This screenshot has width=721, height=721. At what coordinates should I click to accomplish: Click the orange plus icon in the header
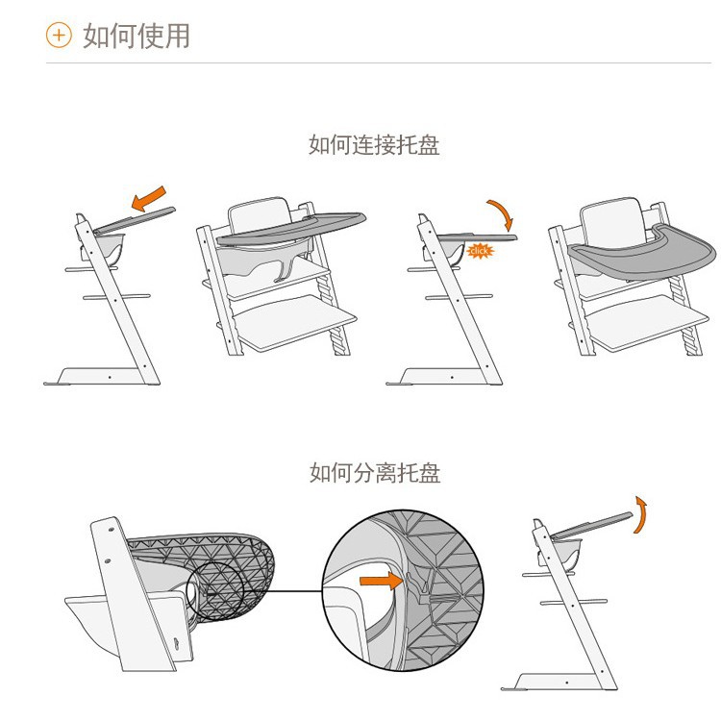59,36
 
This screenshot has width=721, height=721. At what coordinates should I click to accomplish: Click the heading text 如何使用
136,36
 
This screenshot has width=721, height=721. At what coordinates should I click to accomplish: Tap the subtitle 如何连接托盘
374,145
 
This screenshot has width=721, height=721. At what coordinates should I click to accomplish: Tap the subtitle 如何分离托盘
374,472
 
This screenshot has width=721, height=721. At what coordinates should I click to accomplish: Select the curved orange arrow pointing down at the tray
500,213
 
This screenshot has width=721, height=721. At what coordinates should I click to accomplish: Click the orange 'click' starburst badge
478,251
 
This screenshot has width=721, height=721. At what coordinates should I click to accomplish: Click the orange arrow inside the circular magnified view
378,581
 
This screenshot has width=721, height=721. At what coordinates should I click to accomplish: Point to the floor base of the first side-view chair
96,376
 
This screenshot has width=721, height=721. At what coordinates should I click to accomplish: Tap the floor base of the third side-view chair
437,376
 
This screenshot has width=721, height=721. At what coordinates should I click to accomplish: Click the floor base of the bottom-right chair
553,681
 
